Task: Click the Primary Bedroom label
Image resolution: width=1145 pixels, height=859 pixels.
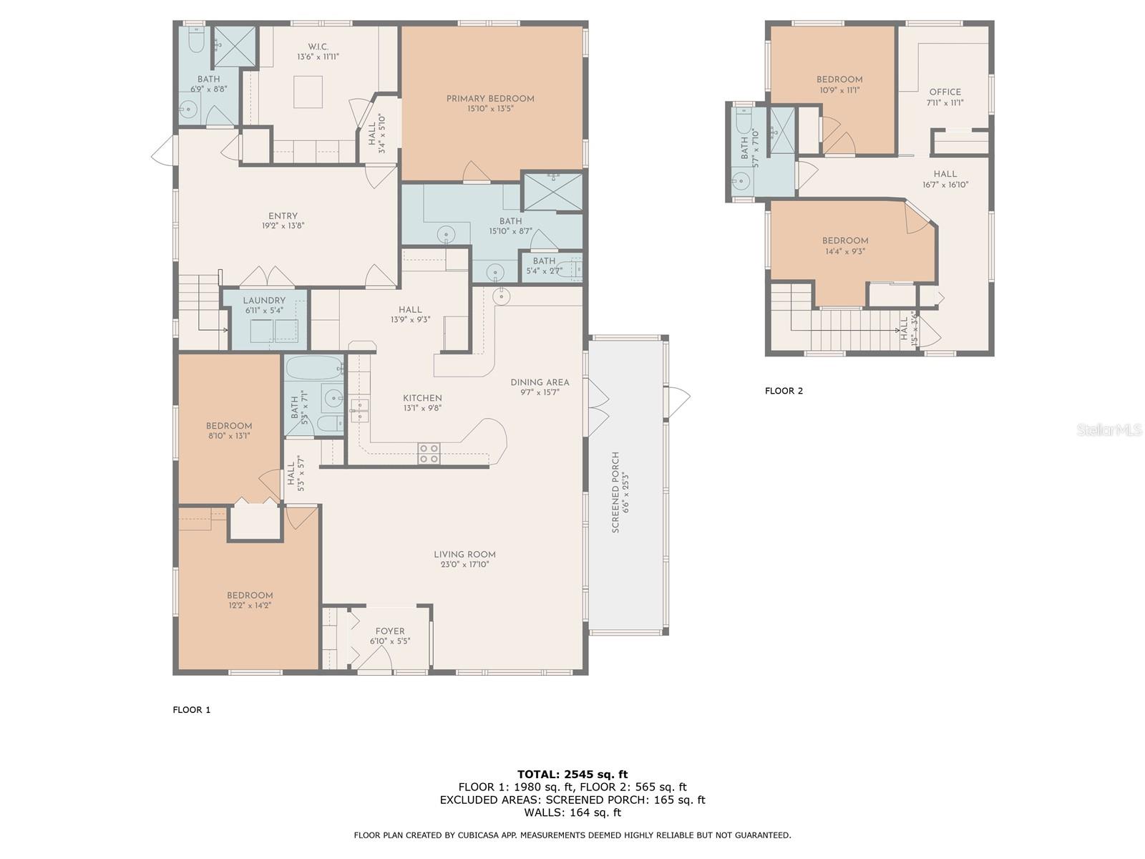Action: tap(490, 99)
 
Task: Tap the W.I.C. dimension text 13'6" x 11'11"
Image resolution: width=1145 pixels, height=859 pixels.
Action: tap(318, 57)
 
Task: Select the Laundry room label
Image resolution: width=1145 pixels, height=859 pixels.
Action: tap(264, 301)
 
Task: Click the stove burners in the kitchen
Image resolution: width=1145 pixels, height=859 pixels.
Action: tap(429, 453)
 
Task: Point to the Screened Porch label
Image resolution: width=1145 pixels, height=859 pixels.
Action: tap(615, 492)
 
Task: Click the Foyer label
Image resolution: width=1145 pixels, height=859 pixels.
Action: tap(390, 631)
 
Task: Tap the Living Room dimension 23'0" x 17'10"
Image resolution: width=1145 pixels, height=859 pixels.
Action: tap(464, 565)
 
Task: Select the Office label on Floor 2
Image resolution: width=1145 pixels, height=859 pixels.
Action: tap(945, 92)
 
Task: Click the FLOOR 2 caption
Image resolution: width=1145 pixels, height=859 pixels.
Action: tap(784, 391)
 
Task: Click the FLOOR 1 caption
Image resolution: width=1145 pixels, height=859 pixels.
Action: tap(192, 710)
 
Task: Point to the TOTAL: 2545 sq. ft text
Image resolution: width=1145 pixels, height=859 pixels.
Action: tap(572, 774)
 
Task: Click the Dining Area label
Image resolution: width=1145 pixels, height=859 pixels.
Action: tap(540, 382)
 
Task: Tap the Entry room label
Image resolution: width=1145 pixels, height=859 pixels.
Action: tap(283, 216)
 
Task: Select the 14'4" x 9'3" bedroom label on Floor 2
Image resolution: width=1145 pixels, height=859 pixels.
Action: tap(845, 241)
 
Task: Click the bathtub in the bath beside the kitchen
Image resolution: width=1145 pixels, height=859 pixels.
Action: tap(315, 369)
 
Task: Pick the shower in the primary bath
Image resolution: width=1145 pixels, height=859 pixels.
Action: tap(552, 192)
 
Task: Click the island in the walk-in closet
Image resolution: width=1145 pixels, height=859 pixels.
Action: tap(308, 92)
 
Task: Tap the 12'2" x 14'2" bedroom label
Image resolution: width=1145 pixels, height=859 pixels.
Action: tap(250, 596)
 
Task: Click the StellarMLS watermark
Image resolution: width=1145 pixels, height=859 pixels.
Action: tap(1109, 429)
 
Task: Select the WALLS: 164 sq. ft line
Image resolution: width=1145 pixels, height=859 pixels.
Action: tap(572, 812)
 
